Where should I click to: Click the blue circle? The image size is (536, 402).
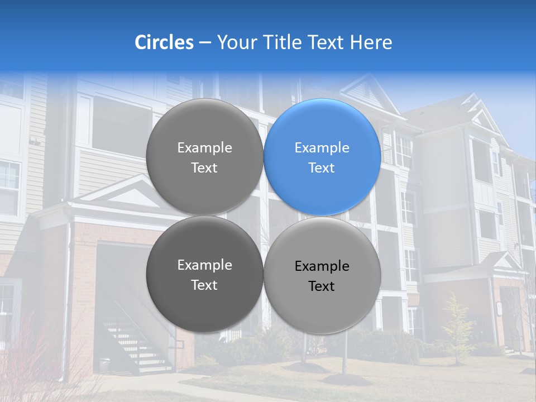[322, 157]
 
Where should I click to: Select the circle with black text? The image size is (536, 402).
[322, 275]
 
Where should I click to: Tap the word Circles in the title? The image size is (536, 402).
[164, 42]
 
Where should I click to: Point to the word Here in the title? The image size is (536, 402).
[371, 42]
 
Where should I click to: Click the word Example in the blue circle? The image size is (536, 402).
[322, 148]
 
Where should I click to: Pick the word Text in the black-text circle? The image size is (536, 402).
[322, 286]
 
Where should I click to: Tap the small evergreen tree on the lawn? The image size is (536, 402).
[456, 329]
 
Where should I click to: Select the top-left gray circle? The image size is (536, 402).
[204, 157]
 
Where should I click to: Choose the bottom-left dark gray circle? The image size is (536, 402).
[204, 274]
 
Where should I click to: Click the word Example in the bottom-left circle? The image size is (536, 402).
[204, 265]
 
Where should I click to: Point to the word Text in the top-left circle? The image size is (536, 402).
[204, 168]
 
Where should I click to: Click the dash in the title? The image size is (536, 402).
[205, 43]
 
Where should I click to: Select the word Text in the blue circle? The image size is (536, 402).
[322, 168]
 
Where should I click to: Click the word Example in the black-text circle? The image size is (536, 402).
[322, 266]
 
